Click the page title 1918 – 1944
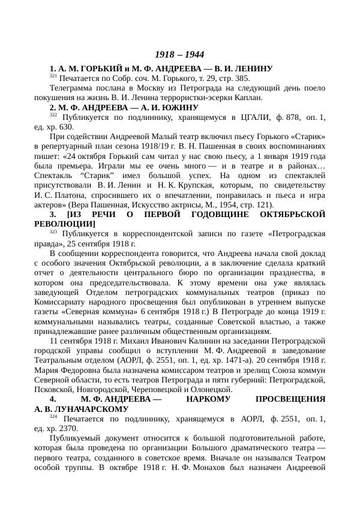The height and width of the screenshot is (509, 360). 179,55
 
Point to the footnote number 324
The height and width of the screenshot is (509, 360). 53,415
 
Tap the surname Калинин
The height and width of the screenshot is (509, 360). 178,341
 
